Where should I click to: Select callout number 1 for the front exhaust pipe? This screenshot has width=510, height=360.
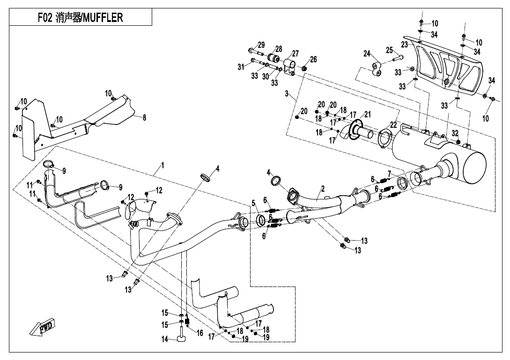pyautogui.click(x=163, y=165)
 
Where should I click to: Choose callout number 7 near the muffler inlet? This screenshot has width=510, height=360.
pyautogui.click(x=389, y=174)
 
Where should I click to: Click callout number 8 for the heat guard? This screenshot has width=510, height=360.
pyautogui.click(x=144, y=118)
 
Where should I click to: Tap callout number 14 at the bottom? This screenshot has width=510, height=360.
pyautogui.click(x=164, y=340)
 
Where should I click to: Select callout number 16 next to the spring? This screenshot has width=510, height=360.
pyautogui.click(x=200, y=333)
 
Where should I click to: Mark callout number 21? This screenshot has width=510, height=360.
pyautogui.click(x=368, y=114)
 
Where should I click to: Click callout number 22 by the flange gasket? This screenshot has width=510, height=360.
pyautogui.click(x=393, y=125)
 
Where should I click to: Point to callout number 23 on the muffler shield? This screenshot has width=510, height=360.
pyautogui.click(x=404, y=44)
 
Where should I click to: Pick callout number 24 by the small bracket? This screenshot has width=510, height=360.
pyautogui.click(x=367, y=54)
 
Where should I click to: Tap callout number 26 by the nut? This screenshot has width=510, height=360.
pyautogui.click(x=313, y=59)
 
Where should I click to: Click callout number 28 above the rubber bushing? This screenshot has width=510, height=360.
pyautogui.click(x=279, y=49)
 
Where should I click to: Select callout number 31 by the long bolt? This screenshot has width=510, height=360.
pyautogui.click(x=241, y=67)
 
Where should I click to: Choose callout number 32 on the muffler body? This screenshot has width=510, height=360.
pyautogui.click(x=455, y=133)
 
